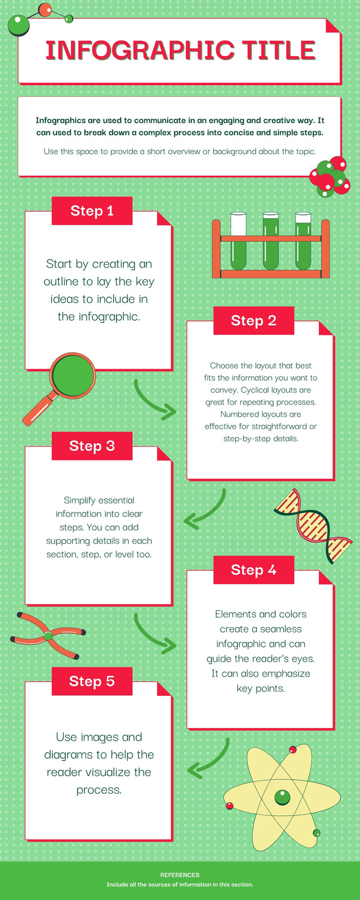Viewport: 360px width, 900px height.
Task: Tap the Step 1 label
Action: coord(92,210)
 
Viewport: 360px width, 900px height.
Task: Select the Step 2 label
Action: coord(254,320)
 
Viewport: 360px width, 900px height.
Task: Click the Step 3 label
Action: coord(92,445)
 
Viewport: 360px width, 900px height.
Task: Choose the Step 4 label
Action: coord(254,570)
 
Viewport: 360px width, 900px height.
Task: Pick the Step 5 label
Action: coord(92,681)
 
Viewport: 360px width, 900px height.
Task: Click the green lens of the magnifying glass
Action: coord(73,376)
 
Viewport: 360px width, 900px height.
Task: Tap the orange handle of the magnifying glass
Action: coord(39,408)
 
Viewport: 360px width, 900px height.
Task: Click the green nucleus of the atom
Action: coord(282,797)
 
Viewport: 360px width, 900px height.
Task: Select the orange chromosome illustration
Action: coord(48,636)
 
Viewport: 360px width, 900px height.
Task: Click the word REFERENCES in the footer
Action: coord(179,875)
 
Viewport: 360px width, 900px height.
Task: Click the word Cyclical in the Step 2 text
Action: coord(255,390)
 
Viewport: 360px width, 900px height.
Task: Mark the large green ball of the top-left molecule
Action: coord(18,25)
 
